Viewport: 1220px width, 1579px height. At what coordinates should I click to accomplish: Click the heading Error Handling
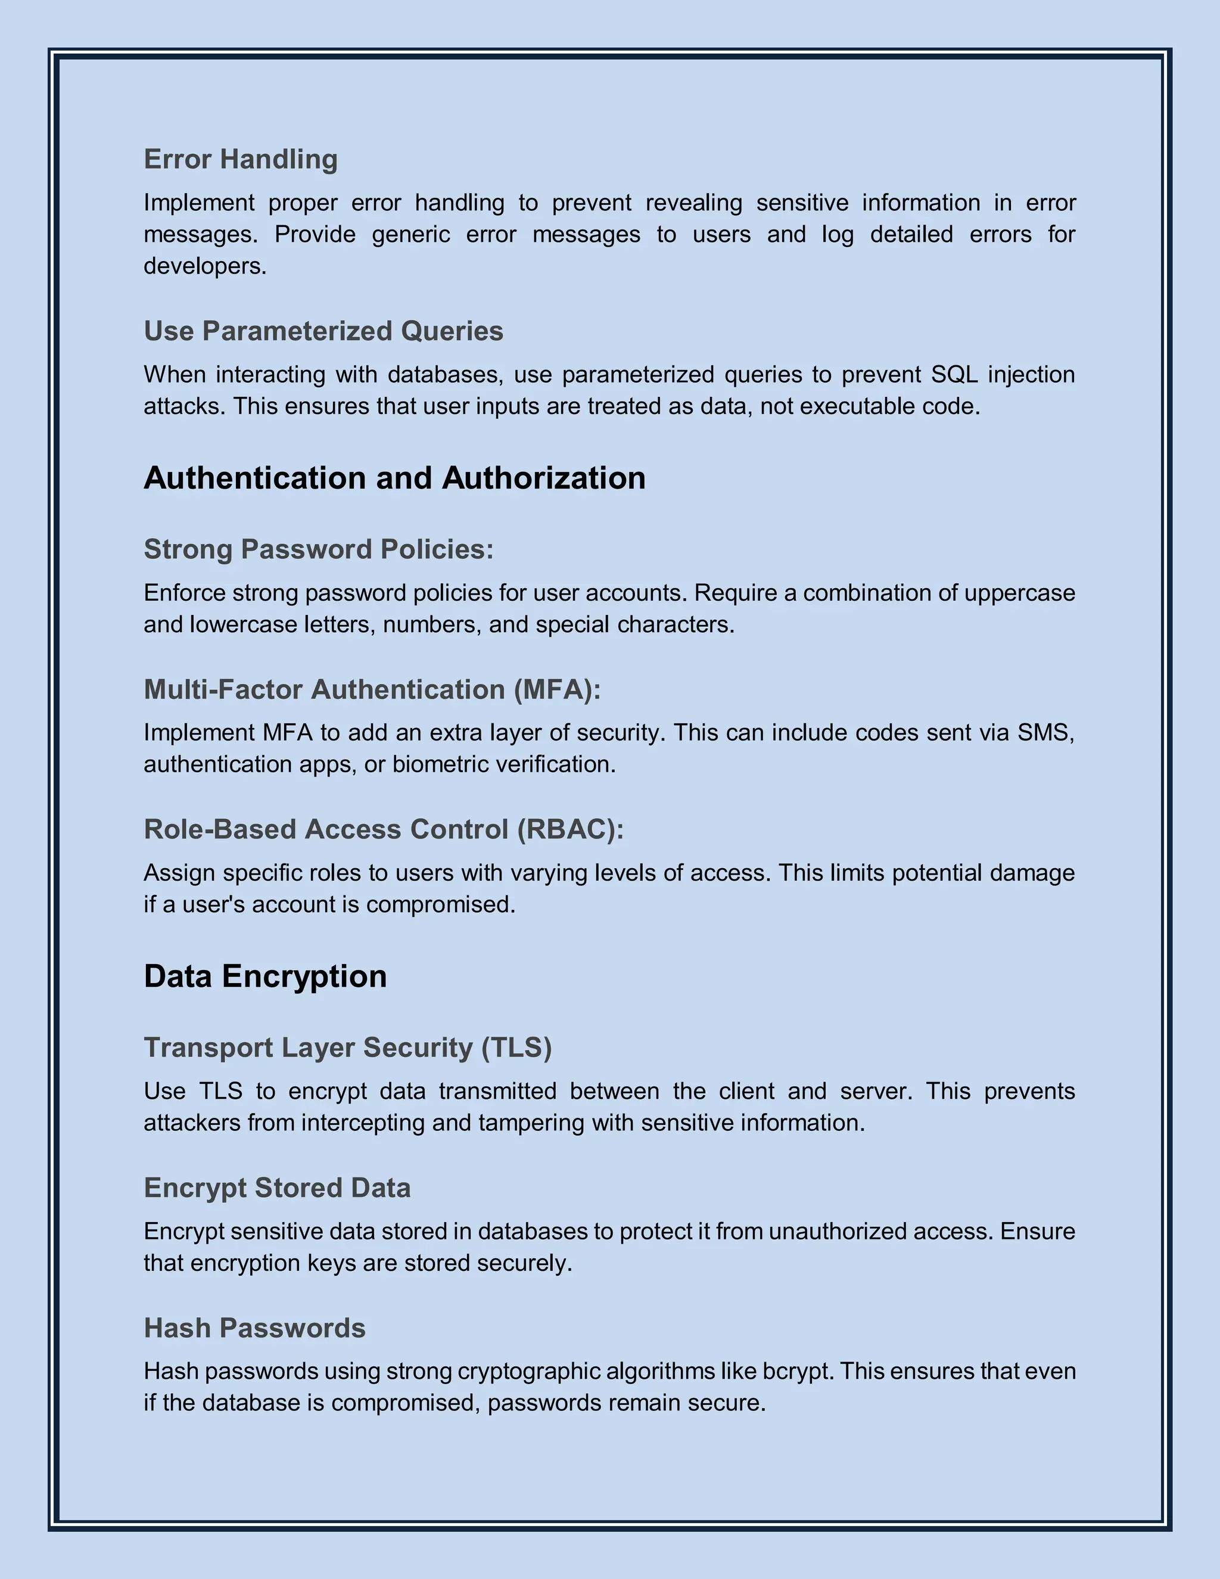pos(241,159)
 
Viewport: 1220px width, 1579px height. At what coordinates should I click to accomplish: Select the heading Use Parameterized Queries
pos(323,331)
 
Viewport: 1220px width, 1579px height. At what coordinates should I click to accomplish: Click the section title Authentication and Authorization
pos(394,478)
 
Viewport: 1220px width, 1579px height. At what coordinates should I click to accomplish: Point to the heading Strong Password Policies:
pos(319,549)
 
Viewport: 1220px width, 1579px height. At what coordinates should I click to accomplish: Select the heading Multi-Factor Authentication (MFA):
pos(372,690)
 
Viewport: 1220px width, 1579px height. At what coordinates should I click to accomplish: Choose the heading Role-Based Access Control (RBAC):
pos(384,829)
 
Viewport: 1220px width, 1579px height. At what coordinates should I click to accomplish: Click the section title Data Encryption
pos(265,976)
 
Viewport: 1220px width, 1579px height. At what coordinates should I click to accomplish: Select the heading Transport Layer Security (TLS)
pos(348,1048)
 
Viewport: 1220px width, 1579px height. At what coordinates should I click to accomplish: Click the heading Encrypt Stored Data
pos(277,1188)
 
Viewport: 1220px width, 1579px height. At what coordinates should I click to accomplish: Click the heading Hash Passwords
pos(254,1328)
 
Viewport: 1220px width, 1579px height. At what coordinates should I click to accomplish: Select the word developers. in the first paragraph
pos(206,266)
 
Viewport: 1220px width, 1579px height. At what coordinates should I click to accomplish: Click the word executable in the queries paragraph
pos(858,406)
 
